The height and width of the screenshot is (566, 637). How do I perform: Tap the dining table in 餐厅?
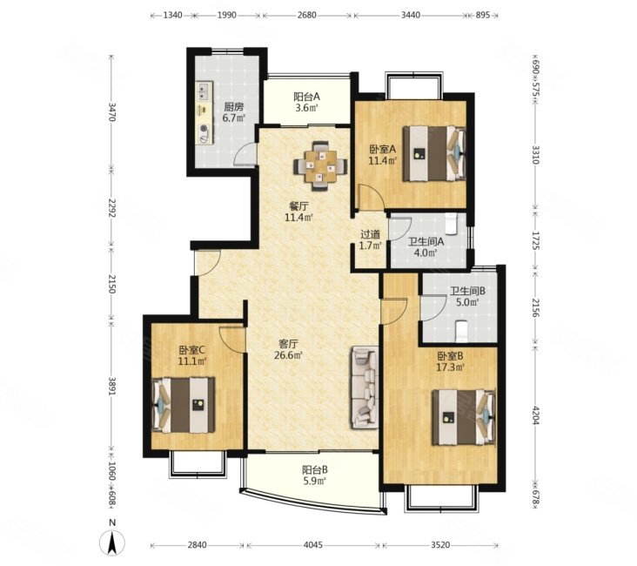pyautogui.click(x=321, y=165)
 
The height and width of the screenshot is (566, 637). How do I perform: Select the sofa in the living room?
pyautogui.click(x=365, y=387)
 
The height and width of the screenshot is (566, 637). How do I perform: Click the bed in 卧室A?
pyautogui.click(x=434, y=153)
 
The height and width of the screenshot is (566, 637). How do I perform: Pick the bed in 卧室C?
pyautogui.click(x=183, y=406)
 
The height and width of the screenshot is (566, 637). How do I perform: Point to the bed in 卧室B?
pyautogui.click(x=464, y=418)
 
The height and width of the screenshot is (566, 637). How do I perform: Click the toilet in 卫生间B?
pyautogui.click(x=462, y=330)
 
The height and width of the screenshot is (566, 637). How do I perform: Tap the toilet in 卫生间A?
pyautogui.click(x=452, y=224)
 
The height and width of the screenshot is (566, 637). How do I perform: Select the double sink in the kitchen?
pyautogui.click(x=205, y=91)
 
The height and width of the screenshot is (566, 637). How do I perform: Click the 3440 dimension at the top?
pyautogui.click(x=411, y=16)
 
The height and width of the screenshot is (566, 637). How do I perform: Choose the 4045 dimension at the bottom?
pyautogui.click(x=312, y=544)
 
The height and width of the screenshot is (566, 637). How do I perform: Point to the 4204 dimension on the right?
pyautogui.click(x=536, y=415)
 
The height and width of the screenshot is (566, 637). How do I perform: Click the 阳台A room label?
pyautogui.click(x=307, y=97)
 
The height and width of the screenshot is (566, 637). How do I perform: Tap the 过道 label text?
pyautogui.click(x=371, y=234)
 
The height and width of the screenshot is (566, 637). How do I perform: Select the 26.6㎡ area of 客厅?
pyautogui.click(x=288, y=355)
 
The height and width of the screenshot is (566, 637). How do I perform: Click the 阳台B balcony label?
pyautogui.click(x=315, y=470)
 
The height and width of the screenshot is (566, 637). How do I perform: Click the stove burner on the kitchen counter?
pyautogui.click(x=203, y=129)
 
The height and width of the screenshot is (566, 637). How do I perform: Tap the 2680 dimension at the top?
pyautogui.click(x=306, y=16)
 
